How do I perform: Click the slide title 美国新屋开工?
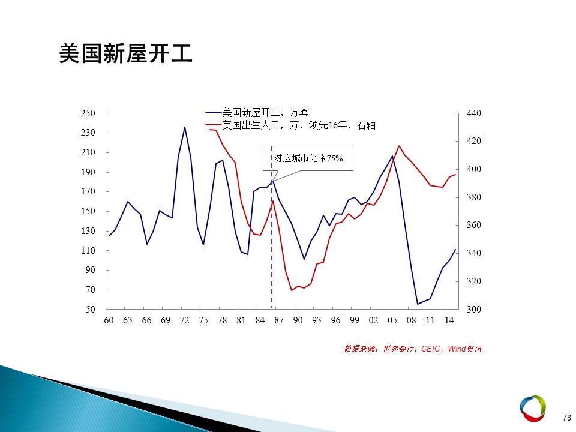125,53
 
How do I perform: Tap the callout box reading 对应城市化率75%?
308,158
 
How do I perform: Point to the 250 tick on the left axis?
88,113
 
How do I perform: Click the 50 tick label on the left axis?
91,310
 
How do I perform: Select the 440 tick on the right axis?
474,113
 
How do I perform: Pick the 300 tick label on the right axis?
474,310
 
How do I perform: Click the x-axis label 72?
184,320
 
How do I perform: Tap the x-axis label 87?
279,320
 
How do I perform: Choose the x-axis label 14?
449,320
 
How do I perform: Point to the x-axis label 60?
109,320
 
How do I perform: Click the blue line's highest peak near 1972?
184,127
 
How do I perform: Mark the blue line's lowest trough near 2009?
418,304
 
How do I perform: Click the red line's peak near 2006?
399,146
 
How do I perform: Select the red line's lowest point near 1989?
292,290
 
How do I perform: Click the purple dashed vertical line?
272,227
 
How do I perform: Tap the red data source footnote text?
413,349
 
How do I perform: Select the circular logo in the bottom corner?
532,409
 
